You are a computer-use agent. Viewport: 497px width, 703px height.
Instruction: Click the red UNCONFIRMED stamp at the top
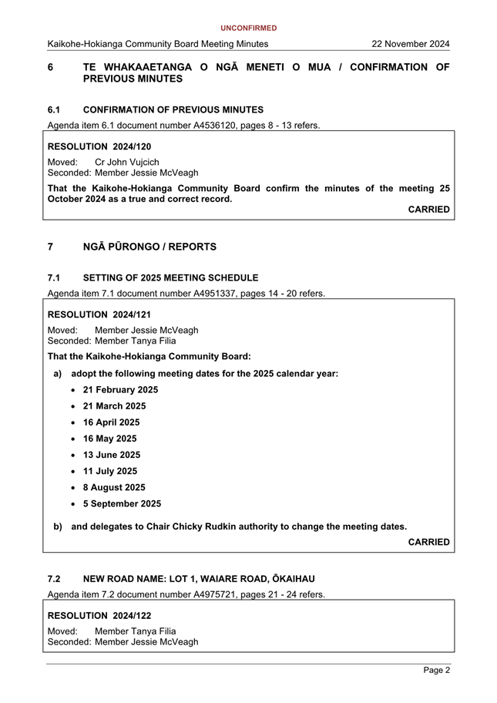point(248,29)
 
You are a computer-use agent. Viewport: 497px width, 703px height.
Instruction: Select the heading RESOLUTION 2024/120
point(99,146)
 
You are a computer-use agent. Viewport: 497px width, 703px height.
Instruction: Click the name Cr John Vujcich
point(127,163)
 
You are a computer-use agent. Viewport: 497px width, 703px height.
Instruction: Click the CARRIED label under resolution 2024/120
point(428,210)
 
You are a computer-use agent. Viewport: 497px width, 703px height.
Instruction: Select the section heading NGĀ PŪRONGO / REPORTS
point(149,247)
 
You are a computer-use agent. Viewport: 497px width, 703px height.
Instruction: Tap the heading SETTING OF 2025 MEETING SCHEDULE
point(170,277)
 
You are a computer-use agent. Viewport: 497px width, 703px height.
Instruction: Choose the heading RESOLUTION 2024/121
point(99,314)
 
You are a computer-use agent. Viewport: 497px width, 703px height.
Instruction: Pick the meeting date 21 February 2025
point(120,390)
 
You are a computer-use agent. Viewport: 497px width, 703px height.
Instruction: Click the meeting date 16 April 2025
point(112,422)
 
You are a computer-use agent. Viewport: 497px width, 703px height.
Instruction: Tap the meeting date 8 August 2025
point(114,487)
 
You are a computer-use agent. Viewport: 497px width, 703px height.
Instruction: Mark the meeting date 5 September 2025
point(123,504)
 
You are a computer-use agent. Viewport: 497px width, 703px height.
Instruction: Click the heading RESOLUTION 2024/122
point(99,616)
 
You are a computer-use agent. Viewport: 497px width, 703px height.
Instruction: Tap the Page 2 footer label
point(436,671)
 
